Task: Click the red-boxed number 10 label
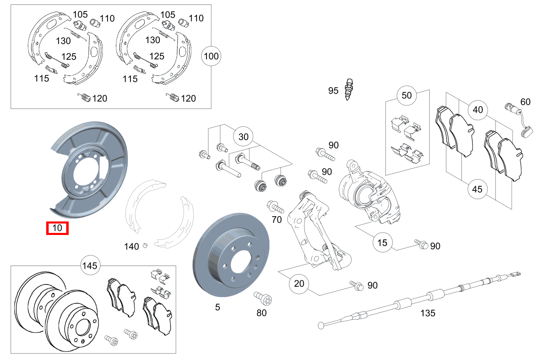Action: point(58,228)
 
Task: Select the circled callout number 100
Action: point(211,56)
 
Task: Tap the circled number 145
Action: point(90,266)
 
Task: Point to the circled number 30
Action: point(243,137)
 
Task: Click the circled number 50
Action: point(407,96)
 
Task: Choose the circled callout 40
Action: point(477,110)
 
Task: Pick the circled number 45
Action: point(477,189)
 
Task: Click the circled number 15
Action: point(382,243)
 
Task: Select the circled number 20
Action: point(299,283)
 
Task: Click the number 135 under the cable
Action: point(428,313)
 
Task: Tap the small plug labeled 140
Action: point(144,245)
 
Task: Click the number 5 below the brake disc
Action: point(217,306)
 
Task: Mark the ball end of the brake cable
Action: point(321,326)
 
